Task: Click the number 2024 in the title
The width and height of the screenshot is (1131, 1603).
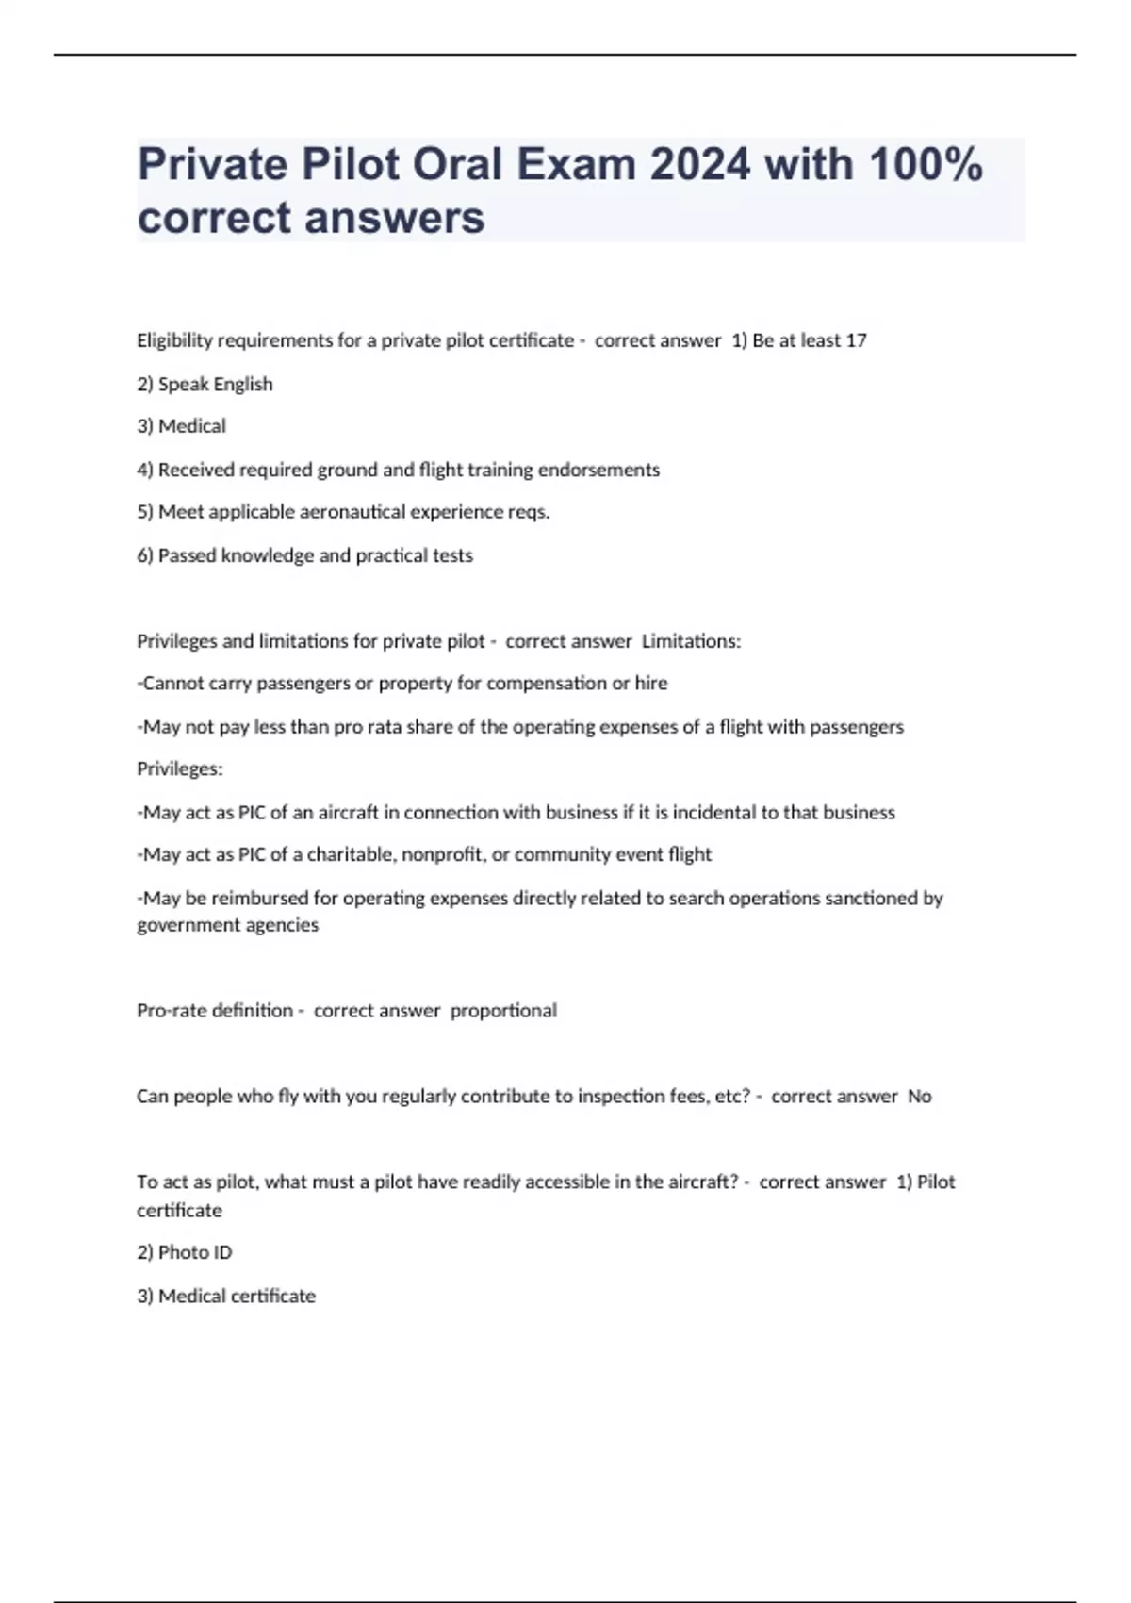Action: click(699, 164)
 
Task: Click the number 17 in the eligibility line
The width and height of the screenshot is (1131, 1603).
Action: click(856, 340)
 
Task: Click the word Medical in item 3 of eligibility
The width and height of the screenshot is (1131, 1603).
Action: click(192, 426)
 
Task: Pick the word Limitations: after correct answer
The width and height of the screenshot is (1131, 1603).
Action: click(691, 641)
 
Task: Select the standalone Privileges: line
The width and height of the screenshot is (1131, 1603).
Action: click(180, 769)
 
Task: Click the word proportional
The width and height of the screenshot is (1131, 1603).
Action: click(503, 1011)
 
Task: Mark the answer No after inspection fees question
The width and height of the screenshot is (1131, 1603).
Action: click(919, 1097)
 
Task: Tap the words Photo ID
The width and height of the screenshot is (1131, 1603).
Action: click(195, 1252)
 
